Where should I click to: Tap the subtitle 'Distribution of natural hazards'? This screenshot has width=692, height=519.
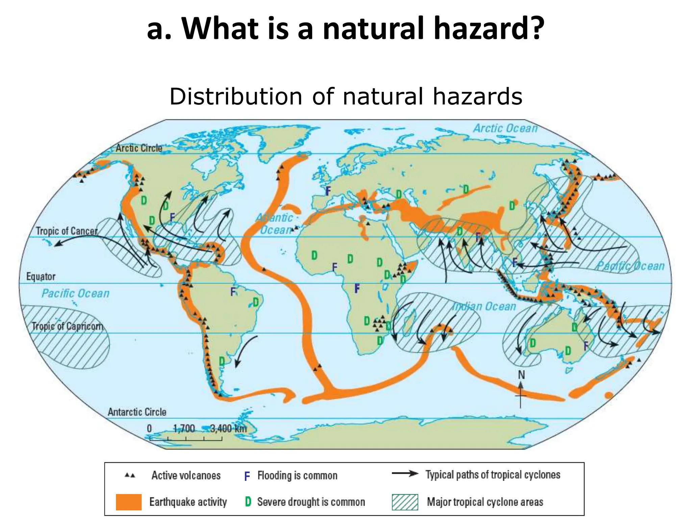[x=346, y=96]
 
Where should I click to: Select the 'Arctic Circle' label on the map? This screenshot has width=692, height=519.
[x=139, y=148]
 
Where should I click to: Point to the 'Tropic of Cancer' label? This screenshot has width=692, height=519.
[x=67, y=231]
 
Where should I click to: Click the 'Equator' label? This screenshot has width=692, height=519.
[x=41, y=276]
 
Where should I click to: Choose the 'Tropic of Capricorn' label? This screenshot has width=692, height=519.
[x=67, y=326]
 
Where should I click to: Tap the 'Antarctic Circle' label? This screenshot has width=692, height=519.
[x=137, y=412]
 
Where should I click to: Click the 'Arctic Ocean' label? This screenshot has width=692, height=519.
[x=505, y=128]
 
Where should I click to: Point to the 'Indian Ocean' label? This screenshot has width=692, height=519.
[x=484, y=306]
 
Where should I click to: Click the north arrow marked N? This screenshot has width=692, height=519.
[x=521, y=389]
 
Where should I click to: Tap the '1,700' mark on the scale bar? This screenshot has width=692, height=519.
[x=184, y=428]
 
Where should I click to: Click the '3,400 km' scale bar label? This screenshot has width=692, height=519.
[x=228, y=428]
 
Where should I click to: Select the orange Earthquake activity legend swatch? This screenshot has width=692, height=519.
[x=128, y=502]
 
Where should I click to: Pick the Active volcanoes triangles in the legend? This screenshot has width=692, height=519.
[x=130, y=475]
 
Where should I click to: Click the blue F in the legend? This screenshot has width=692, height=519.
[x=247, y=476]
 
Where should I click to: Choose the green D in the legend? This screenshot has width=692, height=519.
[x=248, y=502]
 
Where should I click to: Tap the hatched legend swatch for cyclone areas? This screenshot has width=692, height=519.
[x=405, y=502]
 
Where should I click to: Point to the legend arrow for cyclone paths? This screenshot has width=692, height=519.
[x=405, y=474]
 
